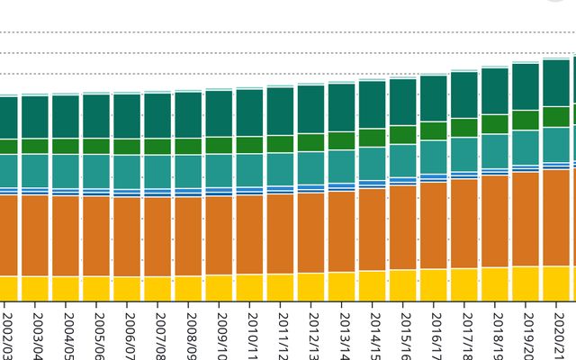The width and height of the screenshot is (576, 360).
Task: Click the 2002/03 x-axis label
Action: (x=7, y=333)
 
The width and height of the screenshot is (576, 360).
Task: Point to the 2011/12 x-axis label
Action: (x=282, y=333)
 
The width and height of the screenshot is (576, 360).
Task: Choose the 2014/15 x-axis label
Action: (x=373, y=333)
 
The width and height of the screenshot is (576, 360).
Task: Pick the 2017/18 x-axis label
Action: (x=465, y=333)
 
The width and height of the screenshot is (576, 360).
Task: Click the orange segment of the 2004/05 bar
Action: (x=66, y=235)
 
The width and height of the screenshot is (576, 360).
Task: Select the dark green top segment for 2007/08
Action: (x=157, y=115)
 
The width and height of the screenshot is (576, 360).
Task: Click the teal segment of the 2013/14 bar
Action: (x=342, y=166)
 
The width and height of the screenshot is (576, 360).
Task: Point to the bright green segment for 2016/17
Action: (x=434, y=130)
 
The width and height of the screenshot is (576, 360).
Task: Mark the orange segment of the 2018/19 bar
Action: (x=495, y=220)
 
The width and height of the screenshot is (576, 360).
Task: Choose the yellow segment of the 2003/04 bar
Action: (x=35, y=288)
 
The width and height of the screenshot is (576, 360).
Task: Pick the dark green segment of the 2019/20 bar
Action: (x=526, y=86)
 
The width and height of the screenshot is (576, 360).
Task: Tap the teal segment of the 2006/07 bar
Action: (x=127, y=171)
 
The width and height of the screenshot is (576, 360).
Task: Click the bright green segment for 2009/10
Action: (x=219, y=145)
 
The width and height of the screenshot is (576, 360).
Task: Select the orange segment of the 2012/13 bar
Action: (x=311, y=232)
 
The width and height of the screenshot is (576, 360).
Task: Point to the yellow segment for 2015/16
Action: (x=403, y=284)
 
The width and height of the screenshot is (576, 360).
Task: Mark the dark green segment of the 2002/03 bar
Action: (x=7, y=117)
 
